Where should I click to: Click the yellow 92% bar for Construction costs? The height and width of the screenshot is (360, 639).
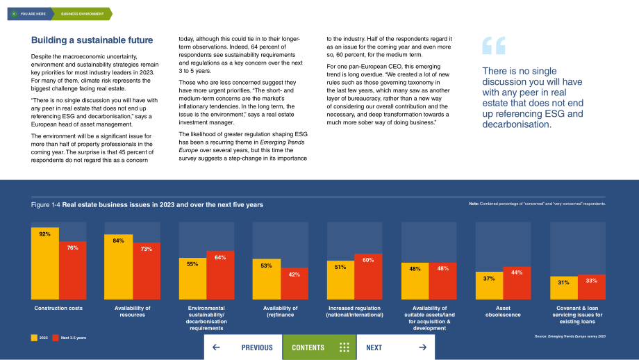pyautogui.click(x=45, y=263)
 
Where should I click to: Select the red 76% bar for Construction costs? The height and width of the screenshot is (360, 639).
pyautogui.click(x=72, y=270)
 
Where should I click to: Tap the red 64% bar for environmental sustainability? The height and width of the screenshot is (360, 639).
pyautogui.click(x=220, y=275)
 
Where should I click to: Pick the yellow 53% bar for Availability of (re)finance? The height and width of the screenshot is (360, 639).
pyautogui.click(x=267, y=279)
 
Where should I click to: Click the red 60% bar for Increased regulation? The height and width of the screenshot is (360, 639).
pyautogui.click(x=368, y=277)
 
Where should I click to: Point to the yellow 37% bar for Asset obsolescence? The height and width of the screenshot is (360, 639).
pyautogui.click(x=489, y=286)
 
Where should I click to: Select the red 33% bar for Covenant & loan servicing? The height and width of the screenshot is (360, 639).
pyautogui.click(x=591, y=287)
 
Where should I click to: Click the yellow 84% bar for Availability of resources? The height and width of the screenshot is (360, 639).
pyautogui.click(x=119, y=267)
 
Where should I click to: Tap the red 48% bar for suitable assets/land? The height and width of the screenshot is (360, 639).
pyautogui.click(x=442, y=281)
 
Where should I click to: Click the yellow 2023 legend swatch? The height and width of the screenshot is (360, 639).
pyautogui.click(x=34, y=338)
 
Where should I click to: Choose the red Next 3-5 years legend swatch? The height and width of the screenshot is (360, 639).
pyautogui.click(x=56, y=338)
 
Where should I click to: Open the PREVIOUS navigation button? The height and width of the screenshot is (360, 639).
pyautogui.click(x=243, y=347)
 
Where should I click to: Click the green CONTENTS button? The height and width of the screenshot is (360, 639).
pyautogui.click(x=319, y=347)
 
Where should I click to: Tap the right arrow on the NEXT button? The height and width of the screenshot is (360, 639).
pyautogui.click(x=422, y=347)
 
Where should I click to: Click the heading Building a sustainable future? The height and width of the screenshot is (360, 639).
pyautogui.click(x=92, y=40)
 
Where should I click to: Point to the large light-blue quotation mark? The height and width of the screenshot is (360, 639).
pyautogui.click(x=494, y=45)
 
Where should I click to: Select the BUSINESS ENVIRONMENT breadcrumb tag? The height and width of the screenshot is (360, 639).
pyautogui.click(x=82, y=14)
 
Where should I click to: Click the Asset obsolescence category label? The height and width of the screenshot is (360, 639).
pyautogui.click(x=503, y=311)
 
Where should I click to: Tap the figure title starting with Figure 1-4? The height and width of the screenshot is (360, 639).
pyautogui.click(x=147, y=204)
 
